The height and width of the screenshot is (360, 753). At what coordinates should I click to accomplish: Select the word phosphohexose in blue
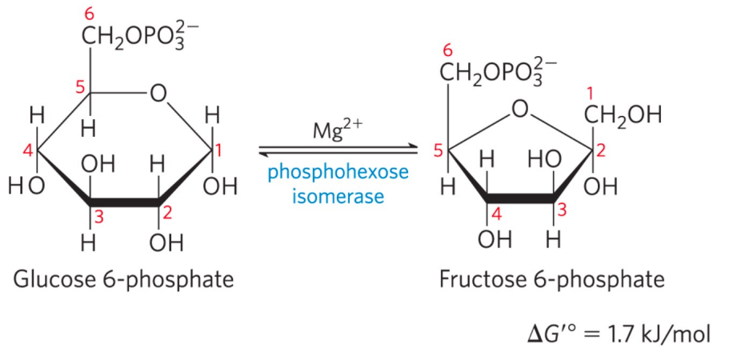tap(338, 172)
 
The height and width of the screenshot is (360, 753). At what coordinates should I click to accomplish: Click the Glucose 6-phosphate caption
tap(124, 279)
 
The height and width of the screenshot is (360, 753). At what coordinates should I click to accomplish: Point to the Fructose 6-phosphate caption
tap(551, 279)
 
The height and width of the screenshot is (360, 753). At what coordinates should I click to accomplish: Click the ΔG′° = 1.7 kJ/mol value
tap(619, 331)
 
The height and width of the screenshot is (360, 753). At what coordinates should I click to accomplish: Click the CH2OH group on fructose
tap(623, 116)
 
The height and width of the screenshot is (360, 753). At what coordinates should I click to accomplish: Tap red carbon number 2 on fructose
tap(602, 149)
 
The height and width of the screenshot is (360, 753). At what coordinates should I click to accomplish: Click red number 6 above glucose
tap(89, 13)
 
